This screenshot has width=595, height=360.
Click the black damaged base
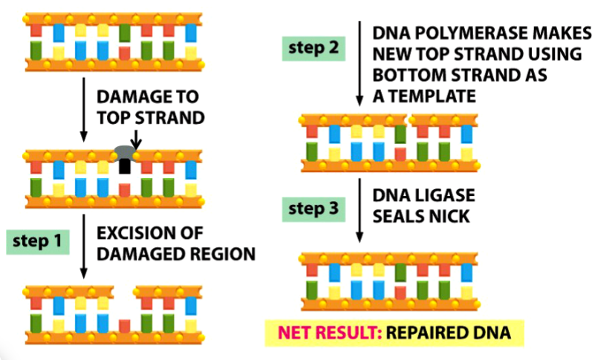[x=124, y=167]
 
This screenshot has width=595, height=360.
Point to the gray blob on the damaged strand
[x=124, y=151]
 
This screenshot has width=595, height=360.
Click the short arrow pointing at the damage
[x=135, y=137]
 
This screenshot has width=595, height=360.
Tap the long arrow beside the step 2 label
[x=360, y=63]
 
